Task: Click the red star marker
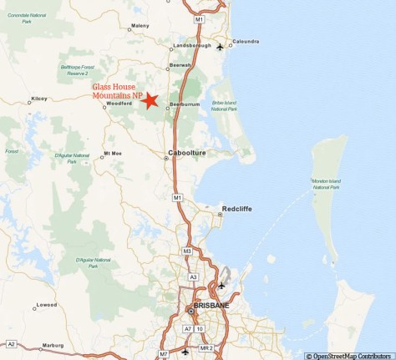click(150, 101)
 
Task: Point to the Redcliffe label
click(236, 208)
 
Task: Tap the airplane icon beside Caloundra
click(220, 47)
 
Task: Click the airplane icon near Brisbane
click(221, 286)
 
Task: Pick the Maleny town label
click(140, 26)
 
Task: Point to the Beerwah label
click(180, 64)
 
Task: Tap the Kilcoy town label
click(38, 99)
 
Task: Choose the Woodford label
click(119, 103)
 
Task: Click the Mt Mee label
click(113, 153)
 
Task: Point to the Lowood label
click(47, 304)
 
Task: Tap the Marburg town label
click(54, 345)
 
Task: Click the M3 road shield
click(187, 251)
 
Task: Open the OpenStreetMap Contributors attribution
click(349, 355)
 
